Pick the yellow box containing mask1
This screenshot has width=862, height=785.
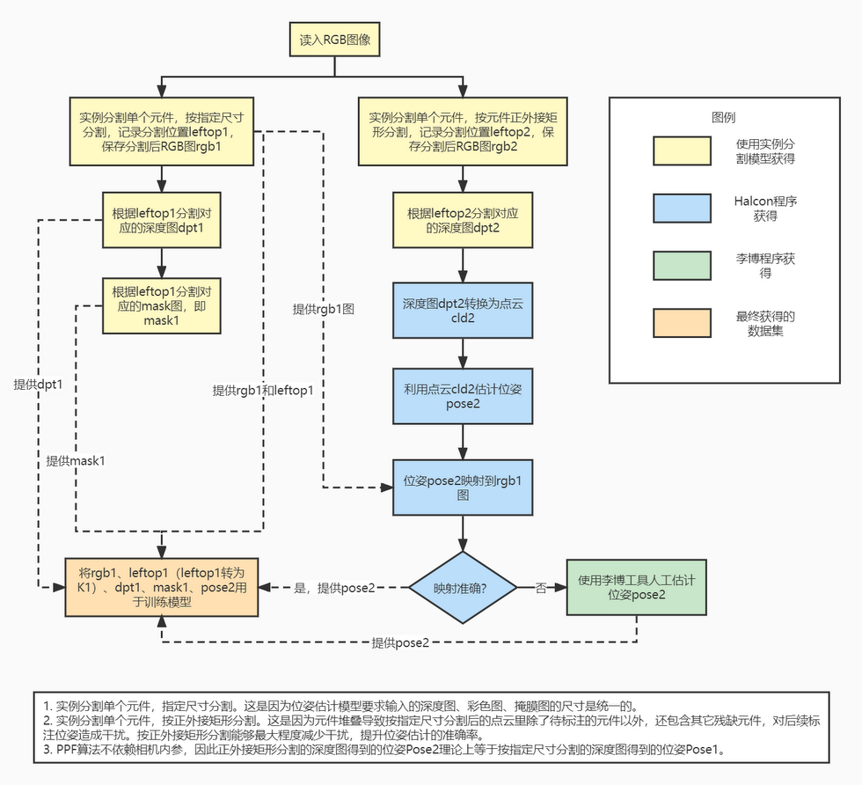coord(161,306)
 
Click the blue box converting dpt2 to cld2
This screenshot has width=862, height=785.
coord(464,312)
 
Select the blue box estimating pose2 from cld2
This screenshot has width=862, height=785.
coord(464,396)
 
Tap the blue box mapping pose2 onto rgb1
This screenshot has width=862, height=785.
coord(464,488)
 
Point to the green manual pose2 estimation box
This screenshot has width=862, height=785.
coord(637,587)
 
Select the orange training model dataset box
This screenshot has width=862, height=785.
coord(161,587)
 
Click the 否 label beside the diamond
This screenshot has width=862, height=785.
coord(540,587)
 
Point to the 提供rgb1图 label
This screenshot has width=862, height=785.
coord(324,310)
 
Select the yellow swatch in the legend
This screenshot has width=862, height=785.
coord(682,151)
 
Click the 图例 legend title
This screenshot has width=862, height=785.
coord(723,117)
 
